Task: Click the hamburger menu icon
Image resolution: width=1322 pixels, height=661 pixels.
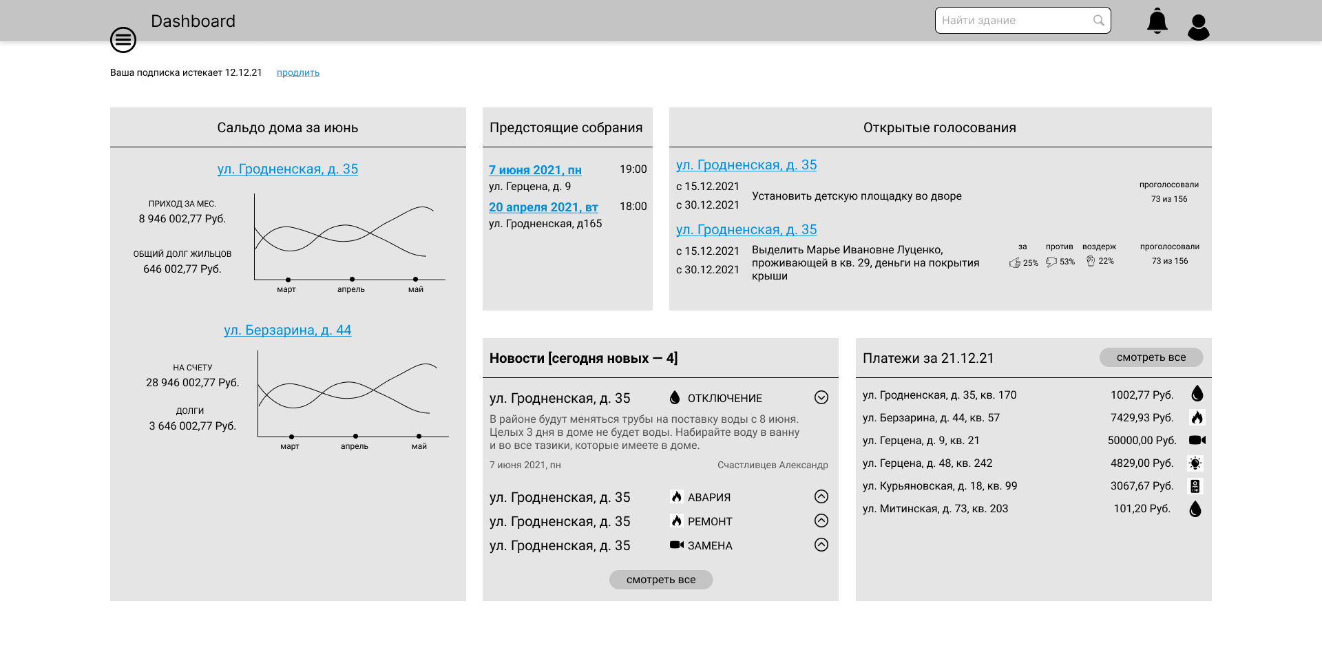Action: click(x=123, y=40)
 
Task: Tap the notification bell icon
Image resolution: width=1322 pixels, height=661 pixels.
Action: click(x=1157, y=21)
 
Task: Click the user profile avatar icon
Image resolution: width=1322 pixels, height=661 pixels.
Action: click(x=1199, y=28)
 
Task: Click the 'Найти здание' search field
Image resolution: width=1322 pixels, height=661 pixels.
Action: click(x=1022, y=21)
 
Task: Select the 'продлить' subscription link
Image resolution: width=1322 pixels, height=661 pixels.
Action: click(x=298, y=73)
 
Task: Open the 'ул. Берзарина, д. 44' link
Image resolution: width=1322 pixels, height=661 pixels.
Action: click(x=288, y=330)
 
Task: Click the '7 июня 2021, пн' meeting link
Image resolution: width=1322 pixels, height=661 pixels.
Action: click(x=535, y=170)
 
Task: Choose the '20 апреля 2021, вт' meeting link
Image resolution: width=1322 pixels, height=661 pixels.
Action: click(x=543, y=207)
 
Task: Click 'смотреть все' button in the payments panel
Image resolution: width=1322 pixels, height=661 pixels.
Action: click(x=1151, y=357)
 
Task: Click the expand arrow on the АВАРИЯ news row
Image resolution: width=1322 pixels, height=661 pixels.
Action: click(x=821, y=496)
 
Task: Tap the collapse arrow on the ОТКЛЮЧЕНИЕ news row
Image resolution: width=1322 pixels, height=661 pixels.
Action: click(x=821, y=397)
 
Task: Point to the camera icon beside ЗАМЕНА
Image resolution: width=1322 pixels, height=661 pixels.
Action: click(x=677, y=545)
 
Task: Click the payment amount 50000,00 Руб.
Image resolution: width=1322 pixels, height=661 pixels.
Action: click(x=1142, y=441)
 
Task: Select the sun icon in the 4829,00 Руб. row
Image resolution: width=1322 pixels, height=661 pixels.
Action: click(x=1195, y=463)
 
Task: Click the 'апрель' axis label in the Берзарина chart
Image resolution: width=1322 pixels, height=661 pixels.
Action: click(x=355, y=446)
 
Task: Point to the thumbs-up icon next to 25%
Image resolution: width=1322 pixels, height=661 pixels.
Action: click(x=1015, y=262)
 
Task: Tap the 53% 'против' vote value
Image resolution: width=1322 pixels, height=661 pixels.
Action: click(x=1067, y=262)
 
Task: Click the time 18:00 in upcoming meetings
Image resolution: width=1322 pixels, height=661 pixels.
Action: click(x=633, y=207)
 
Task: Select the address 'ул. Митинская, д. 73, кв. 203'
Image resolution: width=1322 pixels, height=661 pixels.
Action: click(x=935, y=509)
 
